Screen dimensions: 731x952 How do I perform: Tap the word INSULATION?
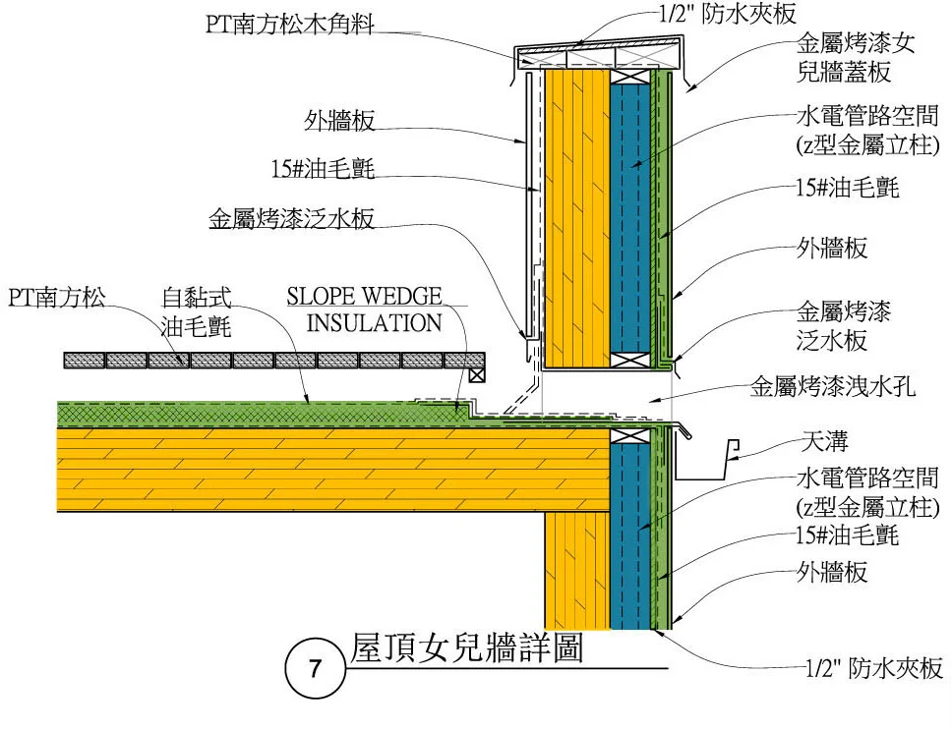375,322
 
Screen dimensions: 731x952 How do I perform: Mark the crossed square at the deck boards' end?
477,373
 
